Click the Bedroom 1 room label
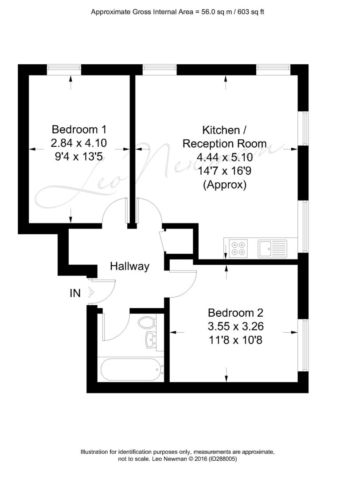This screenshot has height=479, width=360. point(79,130)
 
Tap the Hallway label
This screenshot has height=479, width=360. point(130,267)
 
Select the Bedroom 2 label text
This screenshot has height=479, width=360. point(235,313)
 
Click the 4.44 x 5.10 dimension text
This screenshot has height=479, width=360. point(225,157)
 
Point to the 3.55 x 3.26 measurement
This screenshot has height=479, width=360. point(235,326)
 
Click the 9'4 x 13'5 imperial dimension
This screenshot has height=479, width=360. point(79,157)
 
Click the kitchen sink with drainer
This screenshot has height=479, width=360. point(272,248)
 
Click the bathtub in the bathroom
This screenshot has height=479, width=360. point(131,369)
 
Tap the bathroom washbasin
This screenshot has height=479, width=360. point(152,339)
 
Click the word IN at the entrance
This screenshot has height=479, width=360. point(75,293)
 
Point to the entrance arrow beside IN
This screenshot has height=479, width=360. point(91,292)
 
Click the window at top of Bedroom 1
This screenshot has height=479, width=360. point(64,70)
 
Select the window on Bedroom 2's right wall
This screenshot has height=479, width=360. point(303,345)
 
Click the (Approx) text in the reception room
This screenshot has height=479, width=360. point(225,185)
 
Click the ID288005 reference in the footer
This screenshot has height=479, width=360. point(223,459)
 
